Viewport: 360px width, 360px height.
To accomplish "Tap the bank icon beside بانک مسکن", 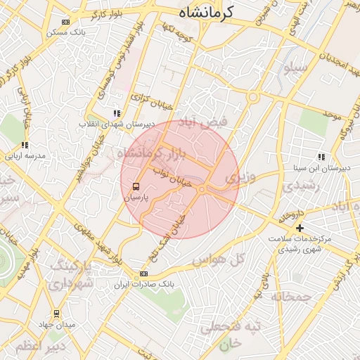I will [66, 22].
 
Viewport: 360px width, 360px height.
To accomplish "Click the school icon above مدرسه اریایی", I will [25, 145].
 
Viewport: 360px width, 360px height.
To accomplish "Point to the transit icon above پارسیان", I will [136, 186].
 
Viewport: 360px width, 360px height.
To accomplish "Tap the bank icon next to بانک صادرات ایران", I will [143, 274].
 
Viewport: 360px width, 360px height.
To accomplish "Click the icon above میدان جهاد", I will [56, 314].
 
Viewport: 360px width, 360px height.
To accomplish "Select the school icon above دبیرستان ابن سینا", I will [321, 157].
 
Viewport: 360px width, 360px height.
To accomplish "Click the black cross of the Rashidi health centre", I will [300, 228].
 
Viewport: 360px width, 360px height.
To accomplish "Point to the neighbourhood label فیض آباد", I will [205, 122].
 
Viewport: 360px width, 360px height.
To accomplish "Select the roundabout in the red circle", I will [202, 189].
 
